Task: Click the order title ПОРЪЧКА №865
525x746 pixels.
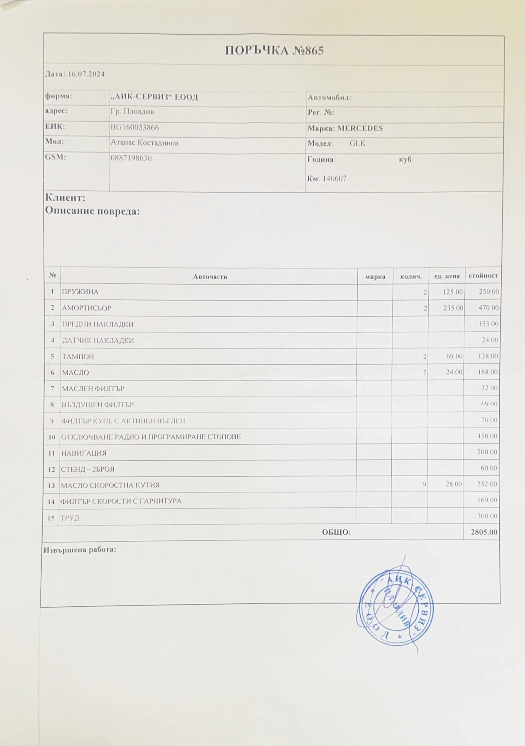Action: click(274, 51)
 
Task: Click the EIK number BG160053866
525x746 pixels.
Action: click(135, 128)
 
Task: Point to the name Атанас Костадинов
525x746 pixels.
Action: click(144, 143)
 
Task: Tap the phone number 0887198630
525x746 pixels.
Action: click(131, 158)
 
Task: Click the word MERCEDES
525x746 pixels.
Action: click(360, 128)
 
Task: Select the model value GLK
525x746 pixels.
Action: click(357, 144)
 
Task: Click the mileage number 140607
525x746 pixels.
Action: click(334, 179)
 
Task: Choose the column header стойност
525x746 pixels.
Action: click(483, 276)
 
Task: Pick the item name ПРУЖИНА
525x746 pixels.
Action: click(80, 292)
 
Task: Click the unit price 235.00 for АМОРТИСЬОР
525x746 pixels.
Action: click(453, 308)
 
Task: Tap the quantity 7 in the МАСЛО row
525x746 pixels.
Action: click(425, 372)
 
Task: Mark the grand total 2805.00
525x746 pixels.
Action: click(484, 532)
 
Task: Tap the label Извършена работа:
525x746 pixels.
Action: click(80, 550)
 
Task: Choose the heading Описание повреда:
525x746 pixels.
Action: click(92, 211)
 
